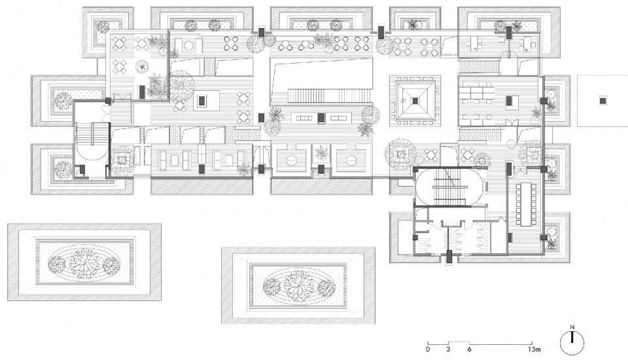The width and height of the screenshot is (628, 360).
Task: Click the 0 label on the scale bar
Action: coord(428,349)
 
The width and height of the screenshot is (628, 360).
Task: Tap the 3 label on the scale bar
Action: coord(447,349)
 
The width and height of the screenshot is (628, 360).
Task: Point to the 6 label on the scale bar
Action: coord(469,349)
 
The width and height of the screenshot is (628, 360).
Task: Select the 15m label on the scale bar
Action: coord(534,349)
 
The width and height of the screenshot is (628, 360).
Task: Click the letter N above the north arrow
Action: coord(572,327)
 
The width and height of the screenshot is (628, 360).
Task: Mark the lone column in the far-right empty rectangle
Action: coord(602,101)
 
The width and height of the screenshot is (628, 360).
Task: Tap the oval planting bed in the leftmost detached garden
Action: coord(84,262)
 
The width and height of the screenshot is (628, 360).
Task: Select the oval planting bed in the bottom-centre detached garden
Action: coord(298,286)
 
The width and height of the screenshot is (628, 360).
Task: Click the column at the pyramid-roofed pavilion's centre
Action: coord(415,101)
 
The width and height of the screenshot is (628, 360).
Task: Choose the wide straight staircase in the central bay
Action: coord(328,96)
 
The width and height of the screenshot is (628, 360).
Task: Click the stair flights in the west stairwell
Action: coord(92,132)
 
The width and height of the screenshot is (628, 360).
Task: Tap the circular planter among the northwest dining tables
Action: coord(142,66)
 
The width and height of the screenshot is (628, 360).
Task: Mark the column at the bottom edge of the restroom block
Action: coord(449,256)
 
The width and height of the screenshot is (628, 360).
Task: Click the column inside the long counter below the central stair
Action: coord(321,117)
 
